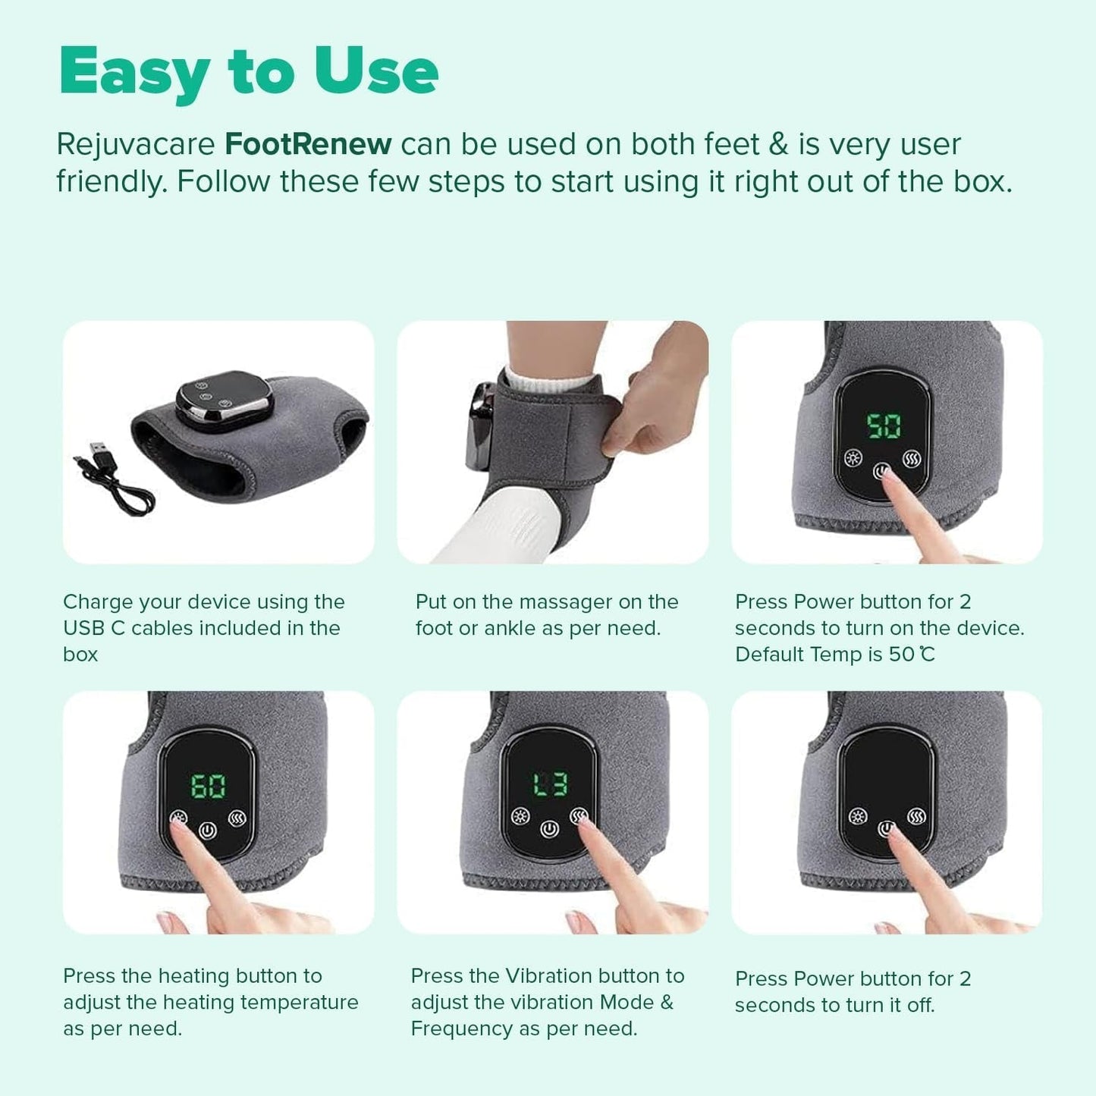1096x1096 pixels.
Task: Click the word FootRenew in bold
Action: pyautogui.click(x=308, y=144)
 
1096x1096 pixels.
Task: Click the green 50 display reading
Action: pyautogui.click(x=884, y=426)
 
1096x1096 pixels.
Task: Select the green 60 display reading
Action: pyautogui.click(x=208, y=786)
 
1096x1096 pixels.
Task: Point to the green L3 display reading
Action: pyautogui.click(x=550, y=784)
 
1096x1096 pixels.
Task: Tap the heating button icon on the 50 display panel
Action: pyautogui.click(x=854, y=458)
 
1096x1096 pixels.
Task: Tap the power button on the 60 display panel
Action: pyautogui.click(x=208, y=831)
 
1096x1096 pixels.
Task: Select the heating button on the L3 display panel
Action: pyautogui.click(x=520, y=816)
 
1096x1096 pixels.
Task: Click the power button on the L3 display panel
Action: pyautogui.click(x=550, y=829)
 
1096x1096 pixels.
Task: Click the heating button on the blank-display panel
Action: pyautogui.click(x=858, y=817)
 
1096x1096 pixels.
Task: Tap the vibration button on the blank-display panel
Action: pyautogui.click(x=916, y=817)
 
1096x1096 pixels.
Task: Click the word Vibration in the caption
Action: pyautogui.click(x=548, y=975)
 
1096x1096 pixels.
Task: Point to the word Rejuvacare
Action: pyautogui.click(x=137, y=144)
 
